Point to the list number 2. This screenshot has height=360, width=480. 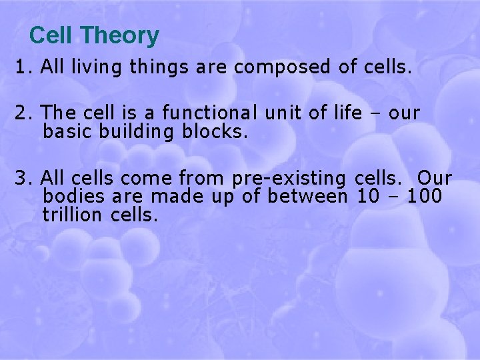coord(22,114)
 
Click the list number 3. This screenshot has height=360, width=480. coord(22,179)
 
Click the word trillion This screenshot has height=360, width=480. coord(73,214)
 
